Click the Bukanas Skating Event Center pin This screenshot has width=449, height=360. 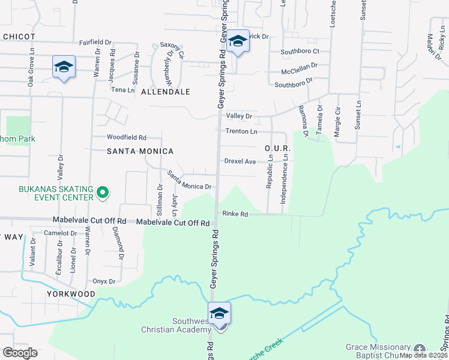103,193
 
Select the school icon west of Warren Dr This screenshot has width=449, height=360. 64,67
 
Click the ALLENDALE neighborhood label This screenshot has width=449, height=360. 165,92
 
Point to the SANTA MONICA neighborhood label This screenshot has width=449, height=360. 140,151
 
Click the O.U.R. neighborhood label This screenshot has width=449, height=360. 277,148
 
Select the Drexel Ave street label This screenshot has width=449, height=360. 240,161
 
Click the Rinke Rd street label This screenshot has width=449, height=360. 235,214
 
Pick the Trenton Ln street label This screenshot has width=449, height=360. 241,131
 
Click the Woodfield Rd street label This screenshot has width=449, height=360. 127,137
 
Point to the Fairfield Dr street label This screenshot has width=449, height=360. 95,43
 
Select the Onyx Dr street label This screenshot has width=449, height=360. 103,281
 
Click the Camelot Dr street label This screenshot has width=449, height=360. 61,233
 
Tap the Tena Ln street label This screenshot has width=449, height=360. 123,89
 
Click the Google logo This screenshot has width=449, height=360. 20,353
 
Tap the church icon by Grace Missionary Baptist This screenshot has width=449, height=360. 419,348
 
